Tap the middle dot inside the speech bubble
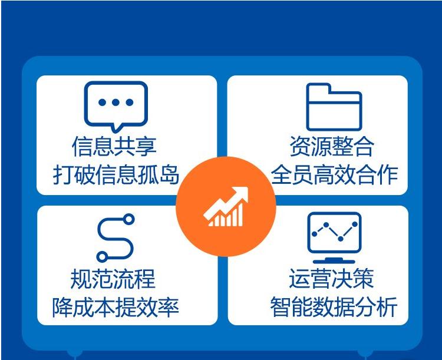point(116,103)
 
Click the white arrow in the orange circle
point(226,206)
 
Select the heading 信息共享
point(114,146)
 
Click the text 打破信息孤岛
point(116,175)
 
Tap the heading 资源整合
point(332,146)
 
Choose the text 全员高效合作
point(334,175)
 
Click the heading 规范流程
point(113,279)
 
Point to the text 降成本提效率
point(116,307)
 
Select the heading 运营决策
point(331,278)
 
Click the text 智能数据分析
point(334,307)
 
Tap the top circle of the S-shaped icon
point(129,219)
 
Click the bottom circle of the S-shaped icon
point(102,256)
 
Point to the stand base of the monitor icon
point(334,260)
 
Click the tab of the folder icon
point(318,88)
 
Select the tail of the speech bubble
point(116,128)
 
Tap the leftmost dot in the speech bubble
point(103,103)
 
